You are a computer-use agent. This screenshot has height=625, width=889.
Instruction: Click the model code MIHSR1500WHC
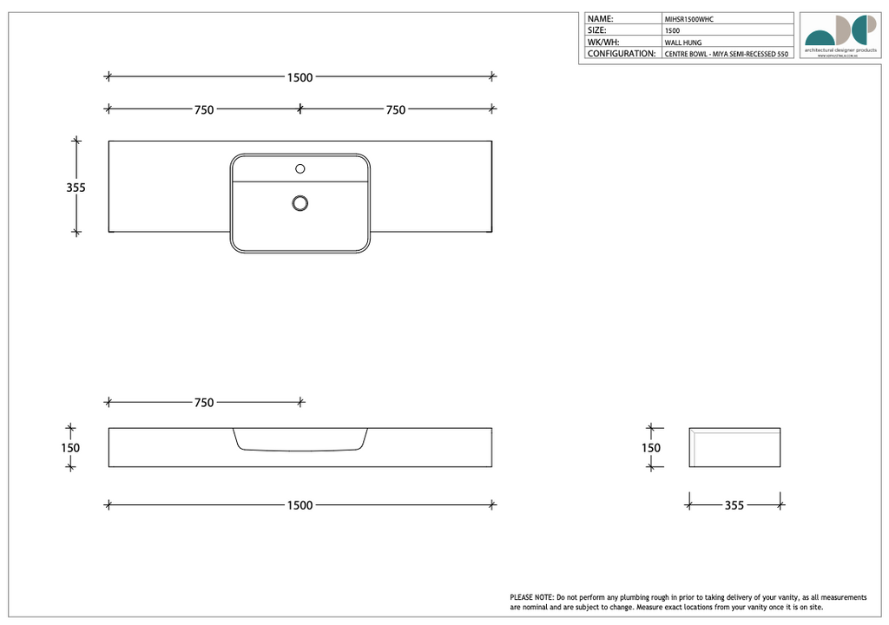[x=688, y=18]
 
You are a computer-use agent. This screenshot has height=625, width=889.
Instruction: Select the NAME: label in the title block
[x=601, y=18]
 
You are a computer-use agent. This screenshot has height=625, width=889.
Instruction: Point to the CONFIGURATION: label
[x=621, y=54]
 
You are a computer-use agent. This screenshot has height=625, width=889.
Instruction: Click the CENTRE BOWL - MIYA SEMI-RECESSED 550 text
[x=726, y=54]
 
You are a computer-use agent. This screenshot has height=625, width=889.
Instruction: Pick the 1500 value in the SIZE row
[x=672, y=30]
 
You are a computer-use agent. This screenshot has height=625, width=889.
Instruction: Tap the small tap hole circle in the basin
[x=300, y=168]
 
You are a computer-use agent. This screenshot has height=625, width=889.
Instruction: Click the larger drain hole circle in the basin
[x=300, y=203]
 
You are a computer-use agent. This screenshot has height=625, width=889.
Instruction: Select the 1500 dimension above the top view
[x=300, y=77]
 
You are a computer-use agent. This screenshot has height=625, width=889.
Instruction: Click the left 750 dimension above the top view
[x=204, y=109]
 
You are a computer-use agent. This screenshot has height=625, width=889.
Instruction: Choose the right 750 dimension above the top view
[x=395, y=109]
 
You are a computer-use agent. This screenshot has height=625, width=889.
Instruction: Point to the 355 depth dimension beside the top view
[x=76, y=187]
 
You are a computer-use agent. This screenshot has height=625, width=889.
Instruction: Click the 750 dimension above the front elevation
[x=204, y=403]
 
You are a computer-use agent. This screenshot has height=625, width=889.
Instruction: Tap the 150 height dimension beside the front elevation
[x=70, y=448]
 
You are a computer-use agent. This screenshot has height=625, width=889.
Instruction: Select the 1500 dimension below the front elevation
[x=300, y=505]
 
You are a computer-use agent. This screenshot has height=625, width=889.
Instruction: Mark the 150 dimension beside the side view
[x=650, y=448]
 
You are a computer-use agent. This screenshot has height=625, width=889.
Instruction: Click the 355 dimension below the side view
[x=734, y=505]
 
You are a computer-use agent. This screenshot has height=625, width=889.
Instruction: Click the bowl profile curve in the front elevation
[x=300, y=451]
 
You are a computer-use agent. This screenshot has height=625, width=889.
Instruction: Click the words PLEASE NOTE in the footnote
[x=531, y=597]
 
